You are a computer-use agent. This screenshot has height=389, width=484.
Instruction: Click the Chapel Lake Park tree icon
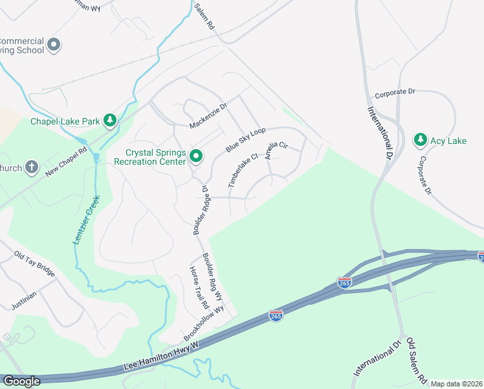pos(111,120)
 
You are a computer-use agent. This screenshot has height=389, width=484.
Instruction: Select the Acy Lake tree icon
pos(421,139)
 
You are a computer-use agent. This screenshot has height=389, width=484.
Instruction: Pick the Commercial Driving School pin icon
pos(54,45)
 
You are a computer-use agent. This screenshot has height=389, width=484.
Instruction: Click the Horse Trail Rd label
pos(199,287)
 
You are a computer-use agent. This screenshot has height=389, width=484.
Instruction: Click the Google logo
pos(21,381)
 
